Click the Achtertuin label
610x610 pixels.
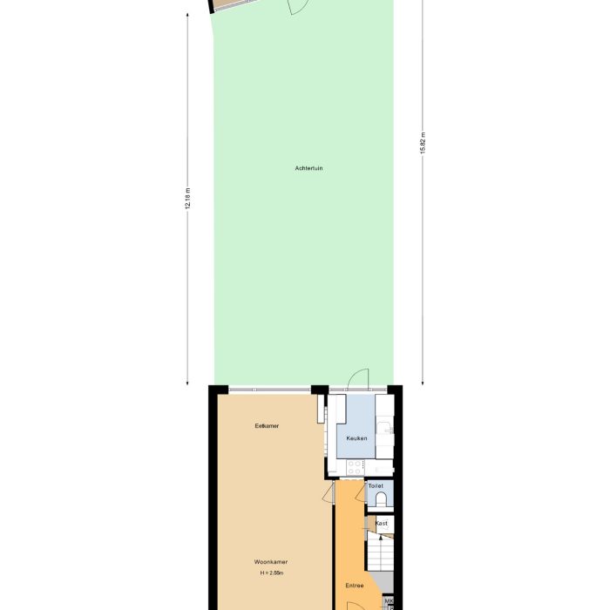click(308, 167)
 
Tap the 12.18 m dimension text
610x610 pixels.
click(187, 200)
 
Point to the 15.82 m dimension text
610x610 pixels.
click(423, 143)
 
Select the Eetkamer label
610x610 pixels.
click(267, 425)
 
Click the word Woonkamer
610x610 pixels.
click(270, 562)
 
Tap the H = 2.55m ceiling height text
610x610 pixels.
click(270, 573)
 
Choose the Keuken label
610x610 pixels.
click(356, 438)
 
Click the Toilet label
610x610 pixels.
click(376, 485)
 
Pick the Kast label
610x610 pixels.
click(381, 523)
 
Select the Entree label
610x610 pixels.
click(354, 586)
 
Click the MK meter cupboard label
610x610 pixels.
click(389, 601)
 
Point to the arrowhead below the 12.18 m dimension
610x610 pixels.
click(187, 382)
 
